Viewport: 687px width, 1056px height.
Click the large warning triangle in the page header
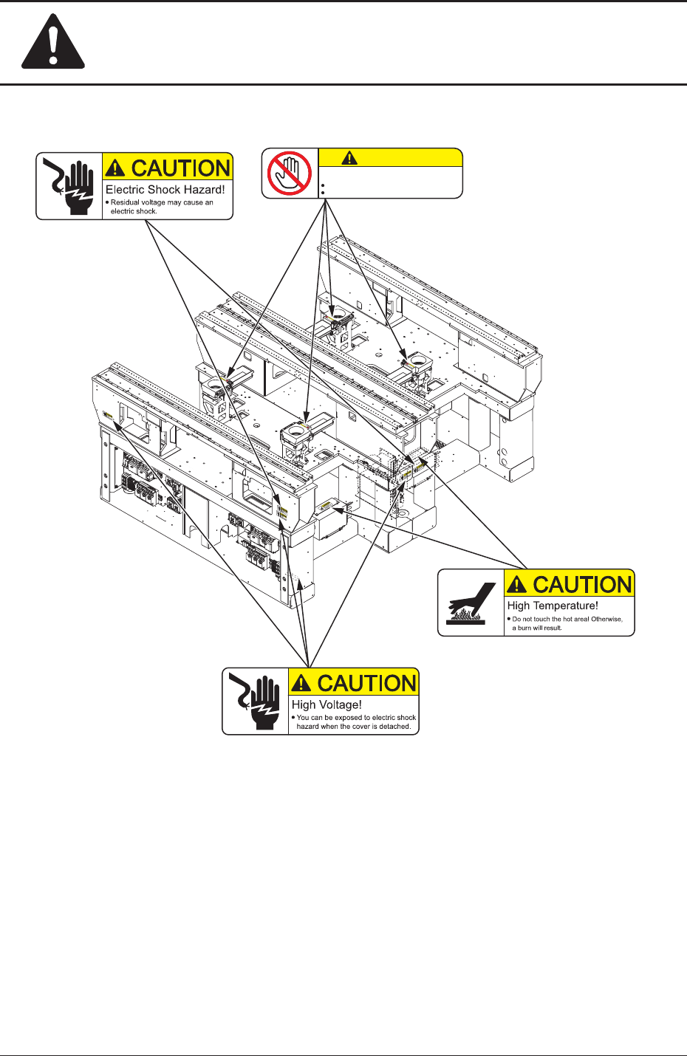coord(53,43)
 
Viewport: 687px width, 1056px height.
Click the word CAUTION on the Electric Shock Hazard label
coord(181,168)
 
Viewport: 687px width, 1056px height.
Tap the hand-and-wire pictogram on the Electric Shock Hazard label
coord(69,186)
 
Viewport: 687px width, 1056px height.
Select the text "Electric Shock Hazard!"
coord(165,190)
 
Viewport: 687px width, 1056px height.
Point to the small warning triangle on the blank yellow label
coord(349,158)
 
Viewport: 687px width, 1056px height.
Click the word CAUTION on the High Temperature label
coord(582,585)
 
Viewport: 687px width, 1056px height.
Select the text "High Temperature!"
coord(552,606)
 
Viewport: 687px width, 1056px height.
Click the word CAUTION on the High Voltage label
coord(366,683)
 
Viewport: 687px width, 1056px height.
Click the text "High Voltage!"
coord(327,704)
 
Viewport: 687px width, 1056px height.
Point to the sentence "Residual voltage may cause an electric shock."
coord(162,206)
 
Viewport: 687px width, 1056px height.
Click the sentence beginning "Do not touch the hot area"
coord(567,623)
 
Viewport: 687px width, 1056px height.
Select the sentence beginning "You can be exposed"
coord(355,721)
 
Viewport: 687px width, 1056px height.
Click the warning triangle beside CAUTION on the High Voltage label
coord(301,684)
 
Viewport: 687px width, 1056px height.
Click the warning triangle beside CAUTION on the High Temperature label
coord(518,586)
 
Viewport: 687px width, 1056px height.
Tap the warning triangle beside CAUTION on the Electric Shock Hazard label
coord(116,169)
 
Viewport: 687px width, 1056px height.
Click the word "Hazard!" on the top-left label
coord(205,190)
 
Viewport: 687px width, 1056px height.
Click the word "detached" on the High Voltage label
coord(394,727)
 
